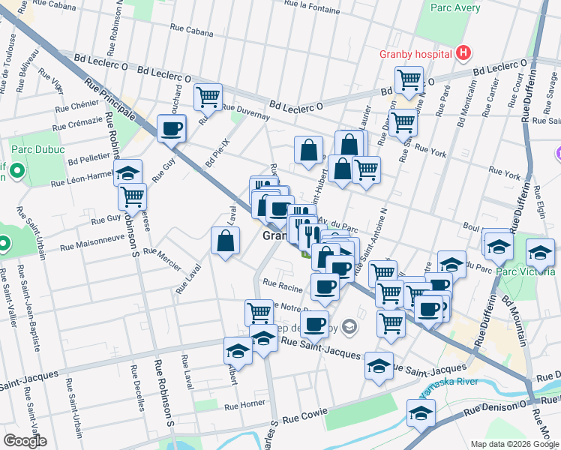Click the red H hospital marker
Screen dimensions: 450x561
pos(464,53)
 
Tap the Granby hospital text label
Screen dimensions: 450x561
pos(414,54)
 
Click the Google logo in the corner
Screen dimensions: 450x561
pos(25,441)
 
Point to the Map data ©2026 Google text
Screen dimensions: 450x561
pos(515,444)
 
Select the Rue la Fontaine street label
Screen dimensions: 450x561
pos(319,4)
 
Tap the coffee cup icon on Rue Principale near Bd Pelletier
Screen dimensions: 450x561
pos(172,127)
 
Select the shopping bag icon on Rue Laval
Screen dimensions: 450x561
pos(226,240)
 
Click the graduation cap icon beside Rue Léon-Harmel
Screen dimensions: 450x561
pos(128,172)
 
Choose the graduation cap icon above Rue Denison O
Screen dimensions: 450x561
pos(421,412)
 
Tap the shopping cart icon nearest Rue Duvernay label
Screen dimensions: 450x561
pos(208,95)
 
